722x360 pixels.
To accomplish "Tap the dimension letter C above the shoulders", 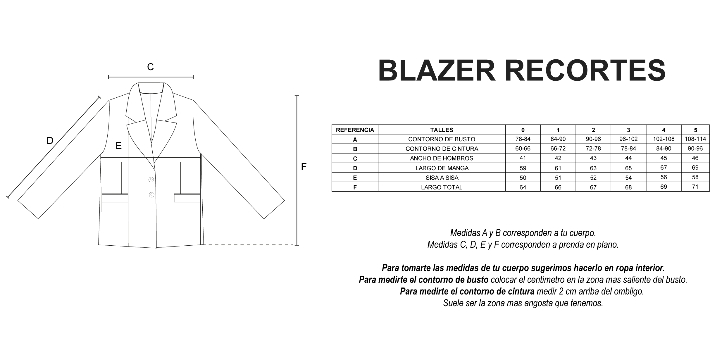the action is coord(150,67).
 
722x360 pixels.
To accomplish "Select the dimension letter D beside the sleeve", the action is coord(50,141).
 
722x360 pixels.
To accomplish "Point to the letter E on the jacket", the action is coord(118,146).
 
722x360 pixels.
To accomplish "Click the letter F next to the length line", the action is coord(304,167).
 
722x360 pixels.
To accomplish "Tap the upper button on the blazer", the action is coord(151,180).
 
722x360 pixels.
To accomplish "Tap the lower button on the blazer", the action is coord(151,194).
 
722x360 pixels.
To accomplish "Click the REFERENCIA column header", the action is coord(355,130).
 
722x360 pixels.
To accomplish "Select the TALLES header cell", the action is coord(442,130).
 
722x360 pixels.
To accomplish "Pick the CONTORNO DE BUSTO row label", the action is coord(442,139).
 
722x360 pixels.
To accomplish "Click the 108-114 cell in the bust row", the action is coord(695,139).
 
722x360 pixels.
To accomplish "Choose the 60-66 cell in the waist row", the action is coord(523,149).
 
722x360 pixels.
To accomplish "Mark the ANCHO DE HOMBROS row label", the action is coord(442,158).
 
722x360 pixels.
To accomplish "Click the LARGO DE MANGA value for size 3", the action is coord(628,168).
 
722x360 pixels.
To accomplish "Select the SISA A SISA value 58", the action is coord(695,177).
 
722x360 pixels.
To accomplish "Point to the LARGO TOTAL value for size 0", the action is coord(523,187).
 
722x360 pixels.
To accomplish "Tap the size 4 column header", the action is coord(664,130).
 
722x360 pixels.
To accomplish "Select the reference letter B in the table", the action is coord(355,149).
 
